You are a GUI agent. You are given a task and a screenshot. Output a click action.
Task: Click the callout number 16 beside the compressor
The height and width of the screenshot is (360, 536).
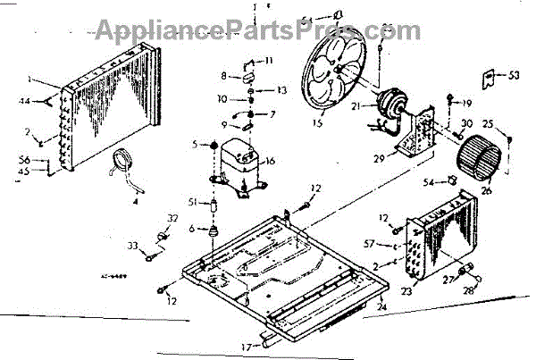coord(271,161)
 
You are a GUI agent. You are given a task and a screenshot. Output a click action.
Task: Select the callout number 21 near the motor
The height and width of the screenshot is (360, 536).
coord(356,106)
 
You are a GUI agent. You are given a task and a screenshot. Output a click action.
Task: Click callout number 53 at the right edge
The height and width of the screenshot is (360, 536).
coord(514,76)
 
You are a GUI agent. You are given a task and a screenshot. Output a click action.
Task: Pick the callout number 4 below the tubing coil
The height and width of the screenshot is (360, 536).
coord(135,201)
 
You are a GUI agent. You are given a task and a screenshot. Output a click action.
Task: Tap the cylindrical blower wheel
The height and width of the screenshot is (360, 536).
coord(480,161)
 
